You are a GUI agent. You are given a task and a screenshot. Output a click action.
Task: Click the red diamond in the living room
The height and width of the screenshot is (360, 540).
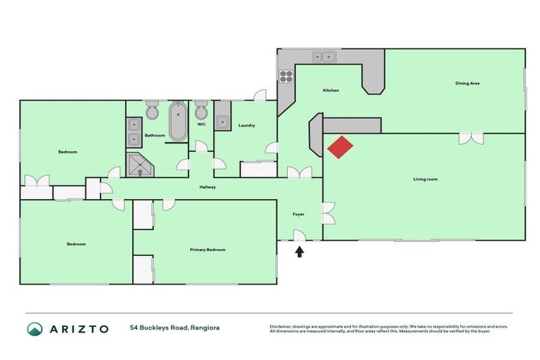pyautogui.click(x=340, y=147)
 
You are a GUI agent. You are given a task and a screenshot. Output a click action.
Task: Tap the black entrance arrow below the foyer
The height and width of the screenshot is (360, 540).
pyautogui.click(x=299, y=250)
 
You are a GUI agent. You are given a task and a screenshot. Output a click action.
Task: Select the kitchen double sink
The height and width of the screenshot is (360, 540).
pyautogui.click(x=326, y=57)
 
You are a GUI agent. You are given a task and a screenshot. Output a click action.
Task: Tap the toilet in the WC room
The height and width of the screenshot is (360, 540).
pyautogui.click(x=201, y=113)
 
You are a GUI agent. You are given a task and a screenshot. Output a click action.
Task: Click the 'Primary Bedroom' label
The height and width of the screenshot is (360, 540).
pyautogui.click(x=207, y=250)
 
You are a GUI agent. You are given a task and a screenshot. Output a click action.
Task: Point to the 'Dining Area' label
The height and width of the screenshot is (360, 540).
pyautogui.click(x=468, y=84)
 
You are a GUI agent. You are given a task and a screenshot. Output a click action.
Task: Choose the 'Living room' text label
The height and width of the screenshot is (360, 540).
pyautogui.click(x=425, y=179)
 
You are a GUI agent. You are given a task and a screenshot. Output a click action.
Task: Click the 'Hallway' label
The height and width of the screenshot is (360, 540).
pyautogui.click(x=207, y=187)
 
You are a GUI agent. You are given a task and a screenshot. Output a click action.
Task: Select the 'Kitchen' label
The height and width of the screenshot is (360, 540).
pyautogui.click(x=331, y=91)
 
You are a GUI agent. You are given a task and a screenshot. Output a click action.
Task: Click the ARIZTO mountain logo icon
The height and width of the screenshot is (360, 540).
pyautogui.click(x=34, y=329)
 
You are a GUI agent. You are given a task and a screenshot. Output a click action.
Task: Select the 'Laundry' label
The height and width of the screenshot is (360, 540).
pyautogui.click(x=246, y=125)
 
